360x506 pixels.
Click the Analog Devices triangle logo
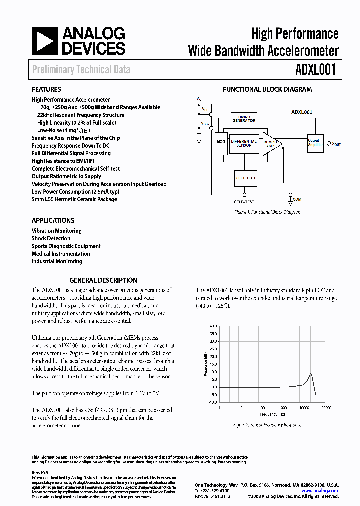tap(45, 41)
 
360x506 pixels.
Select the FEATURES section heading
tap(46, 90)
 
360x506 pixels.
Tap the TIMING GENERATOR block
tap(244, 119)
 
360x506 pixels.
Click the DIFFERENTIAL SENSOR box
tap(244, 143)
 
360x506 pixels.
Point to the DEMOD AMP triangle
tap(271, 143)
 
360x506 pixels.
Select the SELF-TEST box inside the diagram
tap(245, 178)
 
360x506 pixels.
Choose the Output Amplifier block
tap(315, 143)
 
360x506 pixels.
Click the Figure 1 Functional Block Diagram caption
tap(267, 212)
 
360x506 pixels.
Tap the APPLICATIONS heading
tap(53, 220)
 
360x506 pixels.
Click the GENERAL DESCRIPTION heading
tap(103, 280)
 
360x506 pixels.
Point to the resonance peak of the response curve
tap(311, 373)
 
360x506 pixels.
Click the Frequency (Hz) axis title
tap(272, 414)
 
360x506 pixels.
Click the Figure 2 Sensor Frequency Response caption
tap(267, 425)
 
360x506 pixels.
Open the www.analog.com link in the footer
tap(320, 491)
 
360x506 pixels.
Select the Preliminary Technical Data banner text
tap(81, 70)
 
